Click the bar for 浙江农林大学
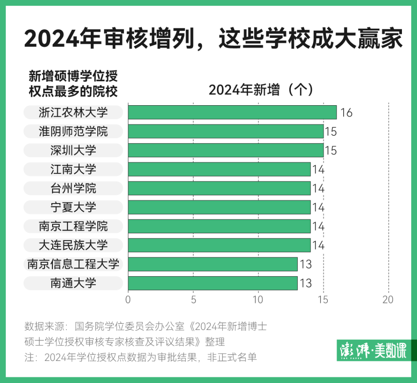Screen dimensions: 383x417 [x=232, y=112]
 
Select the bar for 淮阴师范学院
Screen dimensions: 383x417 [x=226, y=131]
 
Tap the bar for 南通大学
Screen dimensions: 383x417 [x=213, y=283]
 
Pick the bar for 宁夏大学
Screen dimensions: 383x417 [x=219, y=207]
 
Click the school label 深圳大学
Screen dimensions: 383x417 [x=73, y=150]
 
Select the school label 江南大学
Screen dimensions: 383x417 [x=73, y=169]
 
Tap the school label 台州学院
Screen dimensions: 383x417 [x=73, y=188]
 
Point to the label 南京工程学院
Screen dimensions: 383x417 [x=73, y=226]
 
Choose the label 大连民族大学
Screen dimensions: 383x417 [x=73, y=245]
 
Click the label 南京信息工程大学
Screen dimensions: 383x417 [x=73, y=264]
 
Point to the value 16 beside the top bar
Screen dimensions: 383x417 [x=346, y=113]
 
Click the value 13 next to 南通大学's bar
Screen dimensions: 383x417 [x=305, y=283]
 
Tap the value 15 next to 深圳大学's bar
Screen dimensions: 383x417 [x=331, y=151]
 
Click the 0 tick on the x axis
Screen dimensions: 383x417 [x=128, y=300]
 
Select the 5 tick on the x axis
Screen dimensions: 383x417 [x=193, y=300]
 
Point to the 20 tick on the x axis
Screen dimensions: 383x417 [x=388, y=300]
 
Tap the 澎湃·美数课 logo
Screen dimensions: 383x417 [x=372, y=350]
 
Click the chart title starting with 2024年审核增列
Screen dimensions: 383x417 [x=213, y=40]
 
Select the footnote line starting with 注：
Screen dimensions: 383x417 [x=140, y=357]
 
